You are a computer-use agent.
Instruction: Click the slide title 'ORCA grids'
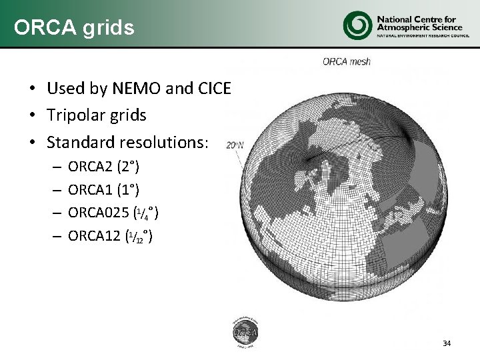pos(74,27)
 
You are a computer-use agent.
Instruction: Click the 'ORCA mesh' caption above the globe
pos(346,62)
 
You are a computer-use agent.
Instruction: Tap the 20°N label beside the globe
pos(235,144)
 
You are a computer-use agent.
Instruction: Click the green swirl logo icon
pos(357,25)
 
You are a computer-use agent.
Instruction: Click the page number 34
pos(446,343)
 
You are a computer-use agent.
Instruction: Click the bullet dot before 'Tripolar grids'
pos(31,116)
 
